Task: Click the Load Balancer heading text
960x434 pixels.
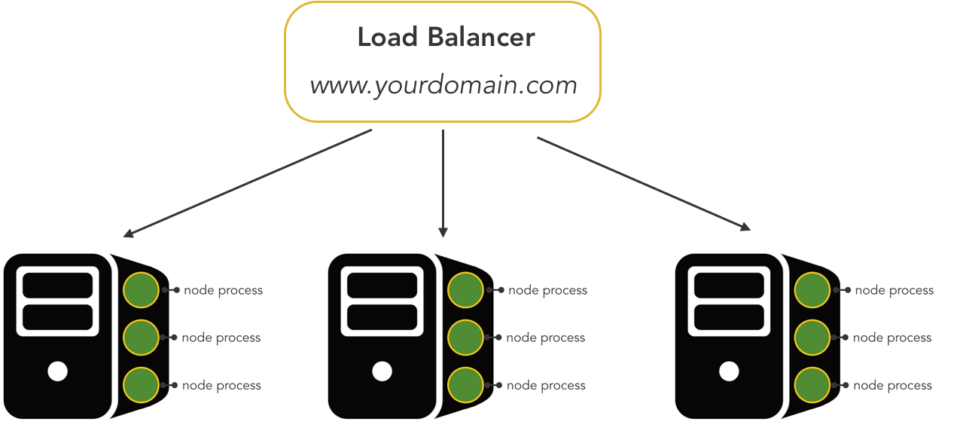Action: click(x=446, y=38)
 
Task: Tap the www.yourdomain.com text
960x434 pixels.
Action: click(x=443, y=85)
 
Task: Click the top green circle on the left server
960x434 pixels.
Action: click(x=142, y=289)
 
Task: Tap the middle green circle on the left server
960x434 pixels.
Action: click(x=142, y=337)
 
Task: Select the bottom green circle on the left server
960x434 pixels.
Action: click(x=142, y=384)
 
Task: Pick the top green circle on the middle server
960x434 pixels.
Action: click(x=465, y=289)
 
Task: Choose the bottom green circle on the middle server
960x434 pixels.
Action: click(x=465, y=384)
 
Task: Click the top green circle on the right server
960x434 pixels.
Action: click(x=812, y=289)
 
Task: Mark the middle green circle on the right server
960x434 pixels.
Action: click(x=812, y=337)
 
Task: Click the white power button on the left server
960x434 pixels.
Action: click(x=58, y=371)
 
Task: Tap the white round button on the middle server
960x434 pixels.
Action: click(x=382, y=371)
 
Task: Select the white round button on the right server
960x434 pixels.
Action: click(x=729, y=371)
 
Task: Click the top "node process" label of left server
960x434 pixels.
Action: click(x=223, y=290)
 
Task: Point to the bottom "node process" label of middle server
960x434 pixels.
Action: click(x=546, y=386)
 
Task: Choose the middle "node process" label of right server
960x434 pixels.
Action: click(x=892, y=338)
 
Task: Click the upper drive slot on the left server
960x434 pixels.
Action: click(x=58, y=285)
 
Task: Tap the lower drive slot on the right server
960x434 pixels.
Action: click(x=729, y=317)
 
